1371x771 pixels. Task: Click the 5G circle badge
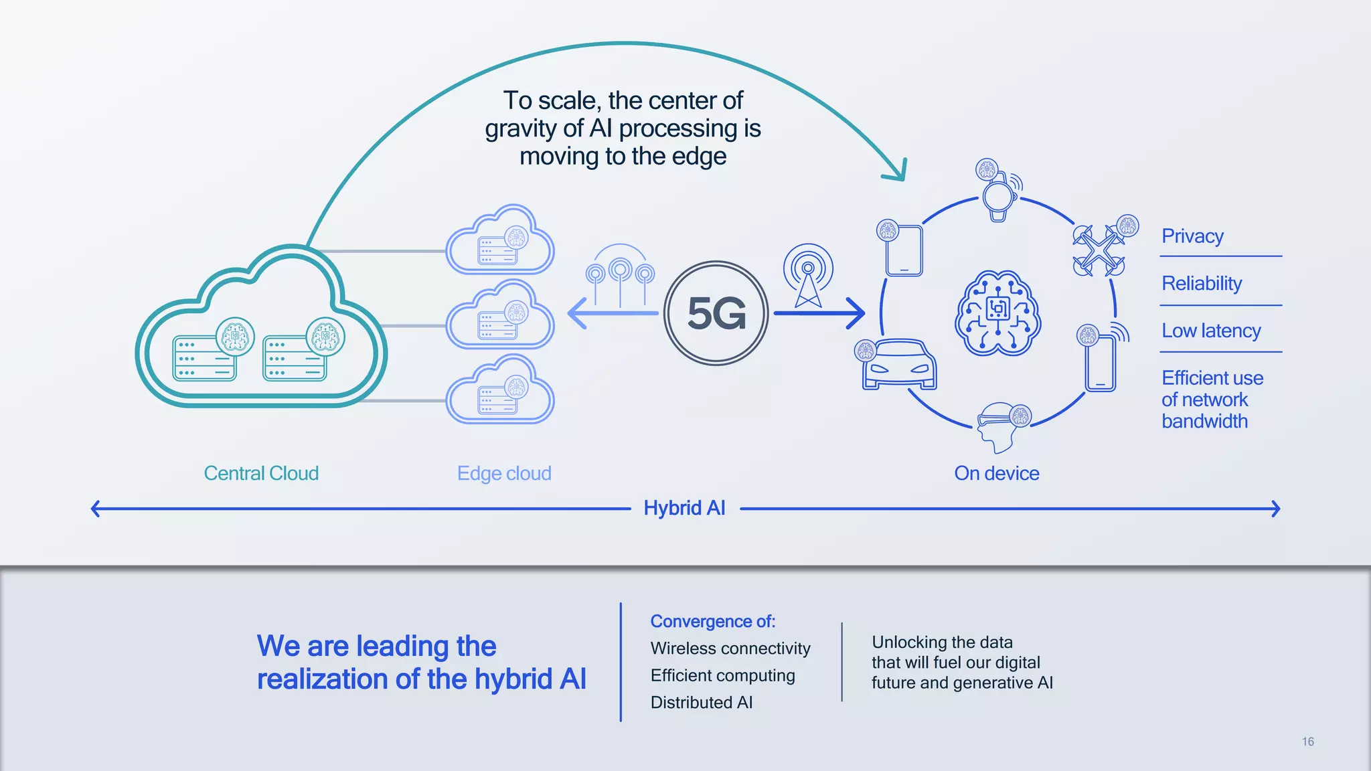(716, 313)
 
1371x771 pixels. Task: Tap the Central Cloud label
(261, 473)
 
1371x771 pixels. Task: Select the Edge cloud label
(504, 473)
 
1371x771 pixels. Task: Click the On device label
(996, 473)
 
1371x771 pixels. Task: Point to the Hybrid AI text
(684, 508)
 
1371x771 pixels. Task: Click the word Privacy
(1192, 236)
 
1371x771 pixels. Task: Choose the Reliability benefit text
(1202, 283)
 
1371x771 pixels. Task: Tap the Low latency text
(1211, 331)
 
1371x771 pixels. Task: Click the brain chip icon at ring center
(997, 313)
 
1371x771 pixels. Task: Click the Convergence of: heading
(712, 621)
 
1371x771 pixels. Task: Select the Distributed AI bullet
(701, 702)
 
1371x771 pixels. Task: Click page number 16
(1307, 742)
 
